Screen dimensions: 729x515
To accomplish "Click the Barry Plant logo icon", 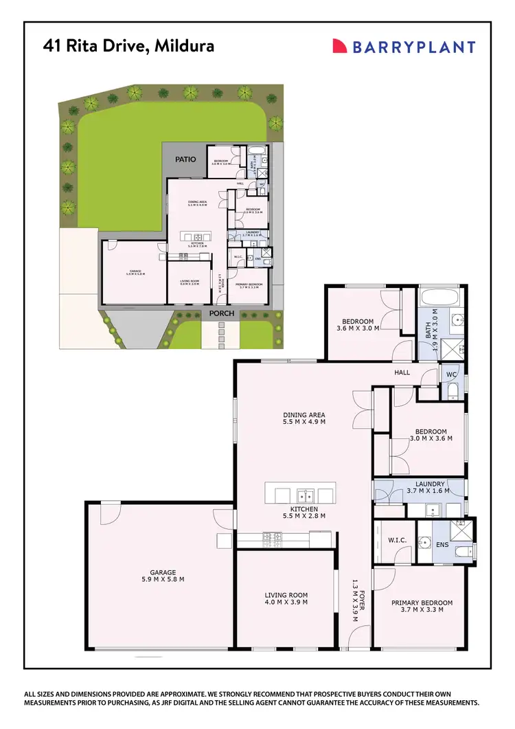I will pyautogui.click(x=339, y=46).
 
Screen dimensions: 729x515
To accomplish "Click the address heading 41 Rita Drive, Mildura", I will pyautogui.click(x=128, y=46).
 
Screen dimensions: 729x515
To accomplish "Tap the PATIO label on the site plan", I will pyautogui.click(x=185, y=159).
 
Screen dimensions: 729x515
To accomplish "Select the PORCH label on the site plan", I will pyautogui.click(x=222, y=314).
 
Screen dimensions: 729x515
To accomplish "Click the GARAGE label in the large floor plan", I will pyautogui.click(x=163, y=572).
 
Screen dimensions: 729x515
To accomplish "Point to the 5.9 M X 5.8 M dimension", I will pyautogui.click(x=163, y=581).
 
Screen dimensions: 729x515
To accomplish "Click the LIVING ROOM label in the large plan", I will pyautogui.click(x=286, y=595).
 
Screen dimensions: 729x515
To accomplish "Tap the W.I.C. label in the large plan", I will pyautogui.click(x=397, y=541).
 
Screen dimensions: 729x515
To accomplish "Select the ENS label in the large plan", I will pyautogui.click(x=442, y=545).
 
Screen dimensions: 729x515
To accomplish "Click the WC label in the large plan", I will pyautogui.click(x=451, y=374).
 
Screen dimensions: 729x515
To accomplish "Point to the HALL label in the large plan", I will pyautogui.click(x=402, y=372).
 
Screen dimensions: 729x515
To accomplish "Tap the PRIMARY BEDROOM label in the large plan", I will pyautogui.click(x=422, y=603).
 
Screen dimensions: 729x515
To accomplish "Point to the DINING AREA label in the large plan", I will pyautogui.click(x=304, y=414).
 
